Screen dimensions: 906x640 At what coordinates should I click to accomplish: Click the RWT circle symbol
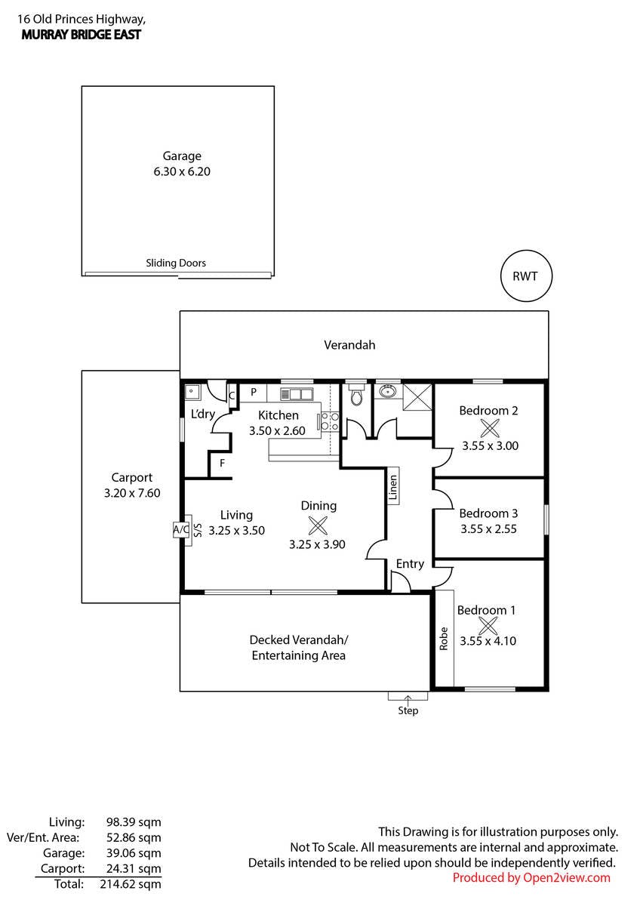526,276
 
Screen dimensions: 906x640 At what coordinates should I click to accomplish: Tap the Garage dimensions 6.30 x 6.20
181,171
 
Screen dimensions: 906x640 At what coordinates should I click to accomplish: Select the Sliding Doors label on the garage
176,263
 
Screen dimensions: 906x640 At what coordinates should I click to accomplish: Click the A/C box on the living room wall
181,529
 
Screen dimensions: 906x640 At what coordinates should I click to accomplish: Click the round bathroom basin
389,392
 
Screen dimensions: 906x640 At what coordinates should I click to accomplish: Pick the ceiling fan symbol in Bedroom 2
490,428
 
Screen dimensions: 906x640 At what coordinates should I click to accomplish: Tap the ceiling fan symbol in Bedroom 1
488,625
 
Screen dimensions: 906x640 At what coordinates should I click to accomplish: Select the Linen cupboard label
392,487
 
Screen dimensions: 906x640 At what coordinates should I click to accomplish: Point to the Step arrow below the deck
408,700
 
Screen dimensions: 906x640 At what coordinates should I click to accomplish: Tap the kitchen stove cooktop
329,421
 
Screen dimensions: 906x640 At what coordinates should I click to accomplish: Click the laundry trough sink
192,393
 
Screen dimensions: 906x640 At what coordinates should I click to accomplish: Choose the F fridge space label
222,463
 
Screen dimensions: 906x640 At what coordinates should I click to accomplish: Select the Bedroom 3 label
488,513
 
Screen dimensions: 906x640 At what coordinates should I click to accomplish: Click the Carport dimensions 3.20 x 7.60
132,492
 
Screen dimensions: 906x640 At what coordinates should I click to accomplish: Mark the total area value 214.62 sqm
129,883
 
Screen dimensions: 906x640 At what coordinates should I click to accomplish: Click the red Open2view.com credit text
531,877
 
